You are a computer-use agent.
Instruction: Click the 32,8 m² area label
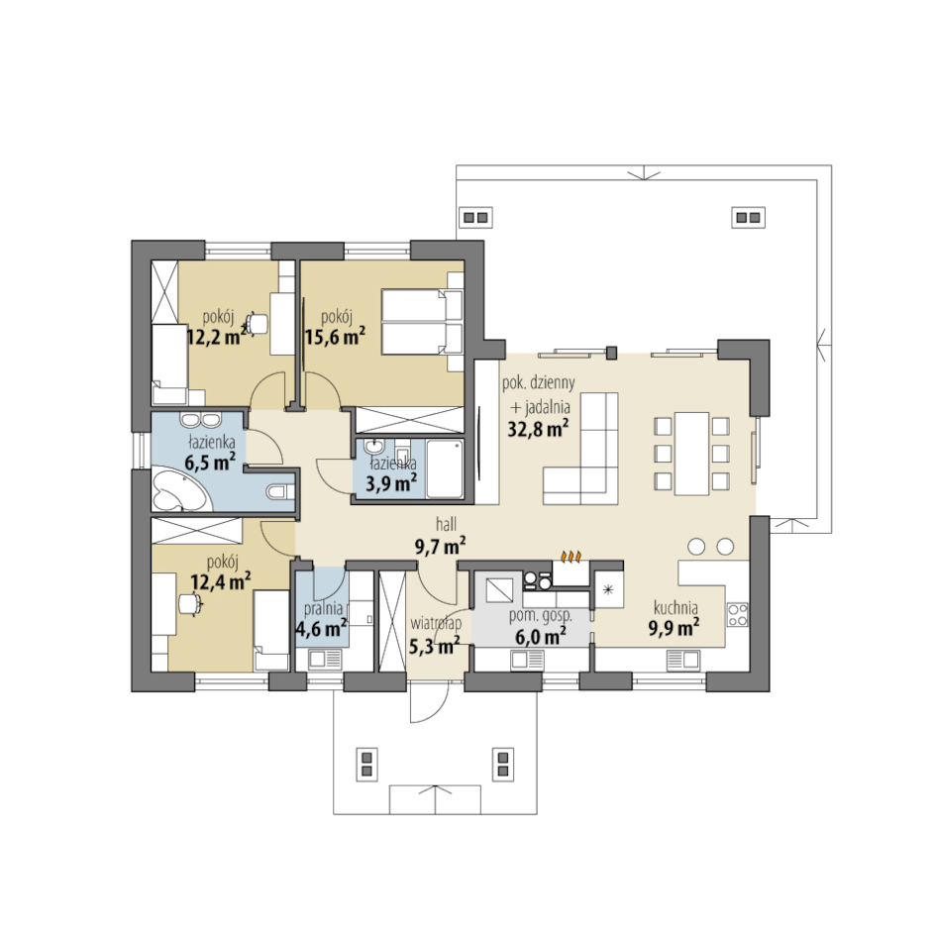538,428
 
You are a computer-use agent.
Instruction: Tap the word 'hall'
446,524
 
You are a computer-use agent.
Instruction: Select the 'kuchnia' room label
675,607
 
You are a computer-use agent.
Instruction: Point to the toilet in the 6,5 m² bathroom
281,492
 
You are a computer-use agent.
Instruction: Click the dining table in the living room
691,454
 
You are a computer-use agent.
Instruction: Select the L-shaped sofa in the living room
580,449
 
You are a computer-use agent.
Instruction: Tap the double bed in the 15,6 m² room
422,322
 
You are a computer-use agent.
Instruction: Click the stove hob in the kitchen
738,615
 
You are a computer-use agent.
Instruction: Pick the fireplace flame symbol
571,557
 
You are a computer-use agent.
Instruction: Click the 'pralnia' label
323,608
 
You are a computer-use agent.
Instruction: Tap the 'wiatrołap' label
436,624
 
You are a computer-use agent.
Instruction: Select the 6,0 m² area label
540,637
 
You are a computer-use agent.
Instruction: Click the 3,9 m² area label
391,483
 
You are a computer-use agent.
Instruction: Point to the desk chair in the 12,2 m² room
258,324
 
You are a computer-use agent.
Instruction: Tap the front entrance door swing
429,702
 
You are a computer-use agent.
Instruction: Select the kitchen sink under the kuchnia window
682,660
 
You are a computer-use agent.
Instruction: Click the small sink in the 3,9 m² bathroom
373,447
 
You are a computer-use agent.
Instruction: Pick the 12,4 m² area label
220,581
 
